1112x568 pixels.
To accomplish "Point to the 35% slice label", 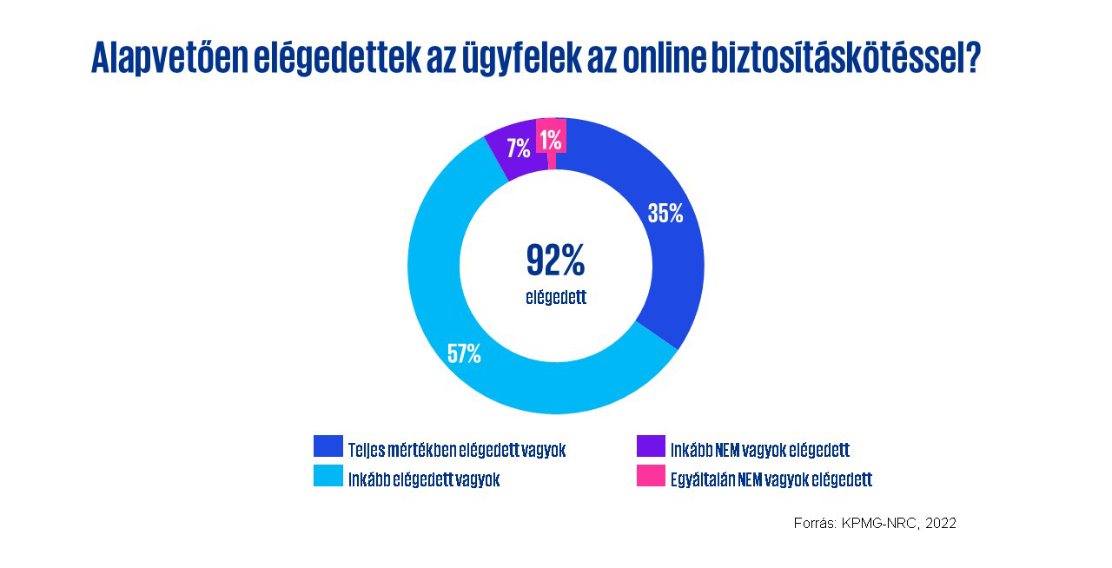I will pos(665,214).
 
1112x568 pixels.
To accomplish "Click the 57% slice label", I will pos(464,353).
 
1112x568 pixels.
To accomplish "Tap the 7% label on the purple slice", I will pos(519,149).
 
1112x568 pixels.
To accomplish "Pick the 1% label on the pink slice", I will pos(550,138).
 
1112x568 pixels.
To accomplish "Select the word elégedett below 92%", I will pos(556,298).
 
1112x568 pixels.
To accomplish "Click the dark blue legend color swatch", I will pos(328,446).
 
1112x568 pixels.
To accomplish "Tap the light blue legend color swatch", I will pos(328,476).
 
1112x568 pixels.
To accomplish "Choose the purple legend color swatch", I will pos(651,446).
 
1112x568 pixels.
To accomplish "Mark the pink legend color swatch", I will pos(651,476).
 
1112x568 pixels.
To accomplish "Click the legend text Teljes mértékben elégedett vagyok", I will pos(457,450).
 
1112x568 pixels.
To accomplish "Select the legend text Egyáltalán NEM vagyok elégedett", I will pos(771,479).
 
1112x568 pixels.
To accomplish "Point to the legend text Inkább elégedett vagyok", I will pos(424,479).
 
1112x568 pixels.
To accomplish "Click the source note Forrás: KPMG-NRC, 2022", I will pos(875,523).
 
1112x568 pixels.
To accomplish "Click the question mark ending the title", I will pos(972,57).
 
